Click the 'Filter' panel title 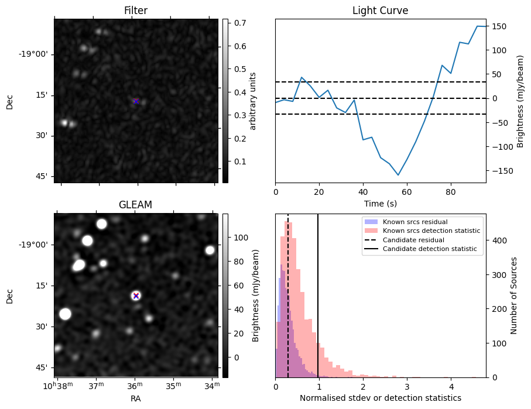coord(136,11)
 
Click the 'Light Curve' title coord(380,11)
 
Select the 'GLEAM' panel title coord(136,205)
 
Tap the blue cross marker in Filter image coord(136,101)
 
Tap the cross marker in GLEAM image coord(136,295)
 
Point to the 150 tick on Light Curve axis coord(498,26)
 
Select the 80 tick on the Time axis coord(451,191)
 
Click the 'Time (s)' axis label coord(380,202)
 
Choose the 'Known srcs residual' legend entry coord(414,222)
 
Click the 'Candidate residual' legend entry coord(413,240)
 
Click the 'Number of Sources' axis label coord(514,295)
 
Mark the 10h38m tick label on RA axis coord(56,386)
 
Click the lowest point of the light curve coord(398,175)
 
